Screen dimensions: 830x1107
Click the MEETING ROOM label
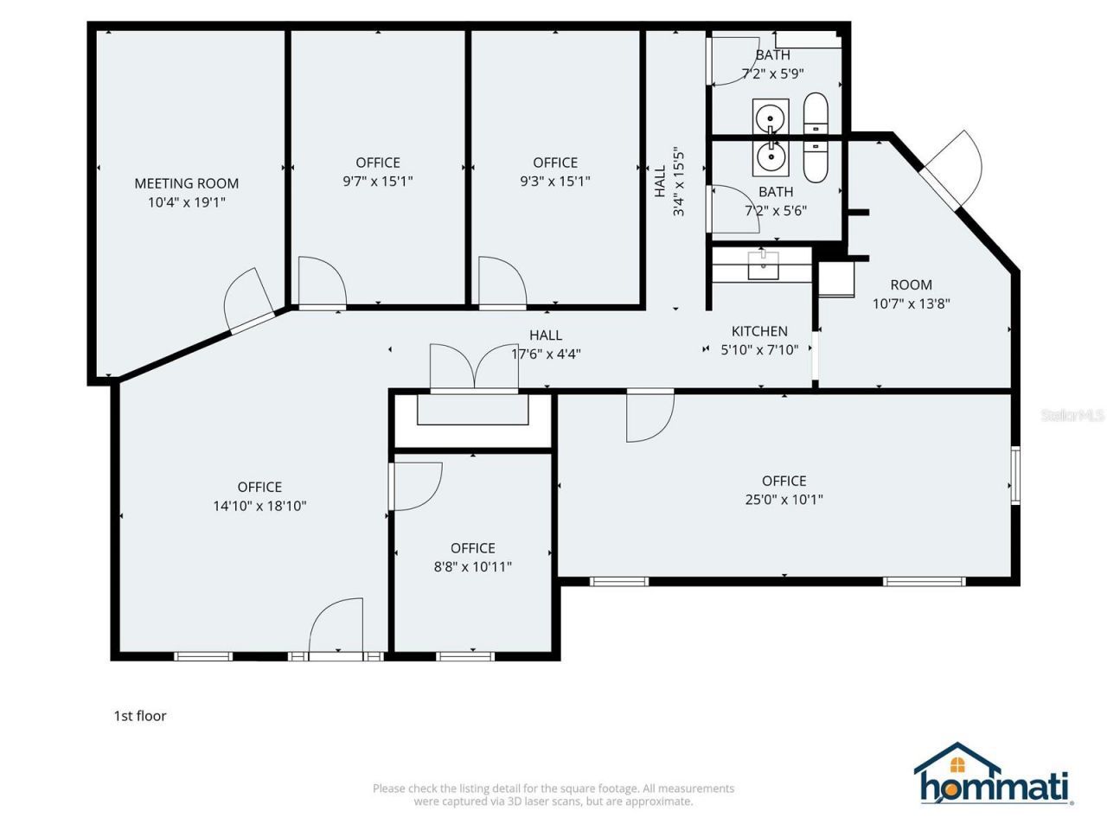point(186,183)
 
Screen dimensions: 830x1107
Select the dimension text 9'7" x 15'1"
point(378,182)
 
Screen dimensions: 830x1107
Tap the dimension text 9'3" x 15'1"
point(554,182)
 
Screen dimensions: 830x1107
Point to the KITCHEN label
point(759,331)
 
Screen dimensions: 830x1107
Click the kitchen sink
point(763,265)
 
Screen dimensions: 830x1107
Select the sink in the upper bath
point(770,115)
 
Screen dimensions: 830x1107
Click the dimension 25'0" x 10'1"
point(784,500)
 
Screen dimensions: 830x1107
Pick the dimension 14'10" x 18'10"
point(259,507)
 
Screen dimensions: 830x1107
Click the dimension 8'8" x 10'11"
point(472,567)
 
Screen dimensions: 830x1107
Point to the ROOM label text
point(911,284)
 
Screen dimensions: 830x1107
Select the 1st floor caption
point(140,716)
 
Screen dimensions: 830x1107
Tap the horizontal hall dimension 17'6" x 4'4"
point(546,354)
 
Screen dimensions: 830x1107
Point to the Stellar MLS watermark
point(1072,415)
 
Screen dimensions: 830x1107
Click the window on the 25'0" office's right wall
point(1015,475)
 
